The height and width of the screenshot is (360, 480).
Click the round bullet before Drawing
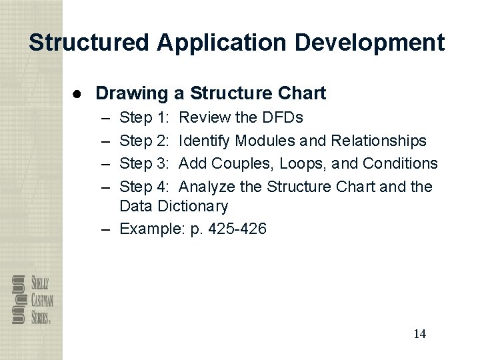point(78,93)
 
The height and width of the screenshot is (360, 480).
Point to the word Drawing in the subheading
point(131,93)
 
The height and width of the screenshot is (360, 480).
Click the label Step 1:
point(144,118)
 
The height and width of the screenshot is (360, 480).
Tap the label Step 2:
point(144,141)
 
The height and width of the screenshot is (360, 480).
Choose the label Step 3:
point(144,163)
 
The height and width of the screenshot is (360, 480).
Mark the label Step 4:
point(144,186)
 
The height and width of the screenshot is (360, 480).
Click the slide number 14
point(419,333)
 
